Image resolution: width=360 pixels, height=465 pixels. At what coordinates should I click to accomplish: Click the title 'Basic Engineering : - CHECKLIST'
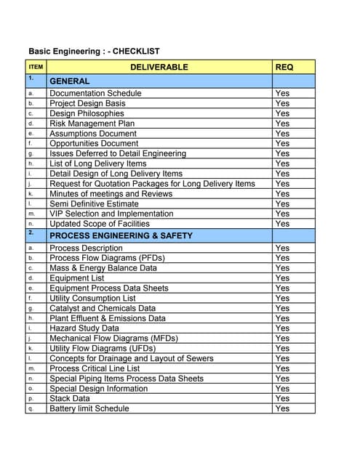point(94,52)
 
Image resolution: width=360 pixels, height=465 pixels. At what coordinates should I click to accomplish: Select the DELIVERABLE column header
point(159,67)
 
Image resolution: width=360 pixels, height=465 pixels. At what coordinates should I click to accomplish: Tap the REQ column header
point(284,67)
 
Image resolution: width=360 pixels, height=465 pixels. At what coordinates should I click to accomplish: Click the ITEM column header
point(36,67)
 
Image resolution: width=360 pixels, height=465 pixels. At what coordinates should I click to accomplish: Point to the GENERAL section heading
point(69,81)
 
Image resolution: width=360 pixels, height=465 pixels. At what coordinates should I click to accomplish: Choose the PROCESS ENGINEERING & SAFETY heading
point(120,236)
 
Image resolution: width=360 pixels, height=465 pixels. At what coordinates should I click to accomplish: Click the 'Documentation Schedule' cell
point(95,94)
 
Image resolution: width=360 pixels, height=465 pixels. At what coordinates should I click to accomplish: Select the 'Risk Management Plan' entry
point(92,124)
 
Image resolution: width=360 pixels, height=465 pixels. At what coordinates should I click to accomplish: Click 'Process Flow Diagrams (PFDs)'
point(107,258)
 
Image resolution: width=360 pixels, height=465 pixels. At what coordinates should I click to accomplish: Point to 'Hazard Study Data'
point(84,328)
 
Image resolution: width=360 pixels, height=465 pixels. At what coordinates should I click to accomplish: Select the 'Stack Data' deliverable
point(70,399)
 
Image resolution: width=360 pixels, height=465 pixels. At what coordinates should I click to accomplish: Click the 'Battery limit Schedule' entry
point(89,409)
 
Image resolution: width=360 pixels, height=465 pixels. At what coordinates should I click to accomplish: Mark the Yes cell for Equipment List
point(282,278)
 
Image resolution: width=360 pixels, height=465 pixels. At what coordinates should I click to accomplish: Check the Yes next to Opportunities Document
point(282,144)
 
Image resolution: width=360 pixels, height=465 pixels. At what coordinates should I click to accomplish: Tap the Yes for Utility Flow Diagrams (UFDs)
point(282,349)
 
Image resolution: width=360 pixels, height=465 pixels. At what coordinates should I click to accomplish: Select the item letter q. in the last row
point(31,409)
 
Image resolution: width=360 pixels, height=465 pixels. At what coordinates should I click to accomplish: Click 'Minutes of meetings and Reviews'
point(111,194)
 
